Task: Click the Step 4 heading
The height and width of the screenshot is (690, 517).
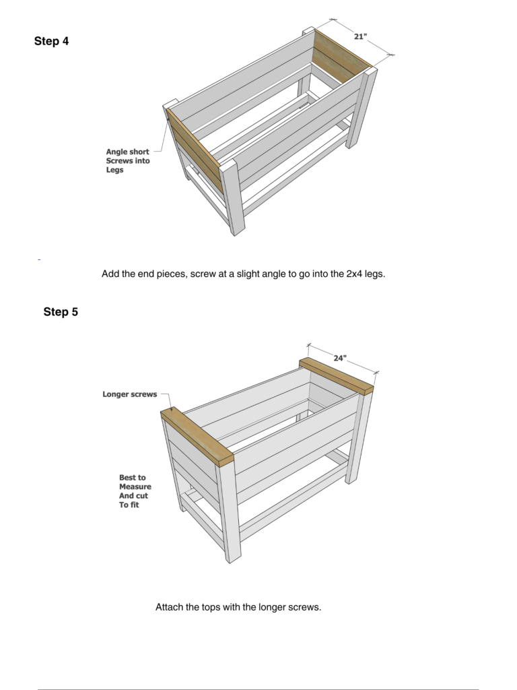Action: click(51, 41)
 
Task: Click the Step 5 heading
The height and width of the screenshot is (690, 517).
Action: click(61, 312)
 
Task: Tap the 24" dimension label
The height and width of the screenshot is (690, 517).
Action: click(340, 358)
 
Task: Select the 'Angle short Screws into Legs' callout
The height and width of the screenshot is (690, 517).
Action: click(127, 160)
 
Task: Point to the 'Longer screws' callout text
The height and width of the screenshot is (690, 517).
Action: click(130, 394)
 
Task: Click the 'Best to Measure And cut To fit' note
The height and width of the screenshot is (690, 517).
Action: click(135, 491)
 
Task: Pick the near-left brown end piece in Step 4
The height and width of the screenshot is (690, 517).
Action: click(193, 150)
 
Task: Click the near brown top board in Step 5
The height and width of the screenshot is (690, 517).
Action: click(197, 437)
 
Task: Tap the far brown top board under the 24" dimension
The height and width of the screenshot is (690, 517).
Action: click(337, 376)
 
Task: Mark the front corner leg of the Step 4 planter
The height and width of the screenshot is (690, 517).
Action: click(232, 198)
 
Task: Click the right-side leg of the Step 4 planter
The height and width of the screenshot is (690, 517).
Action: click(361, 108)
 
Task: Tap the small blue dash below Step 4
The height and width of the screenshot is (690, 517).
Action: click(39, 260)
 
